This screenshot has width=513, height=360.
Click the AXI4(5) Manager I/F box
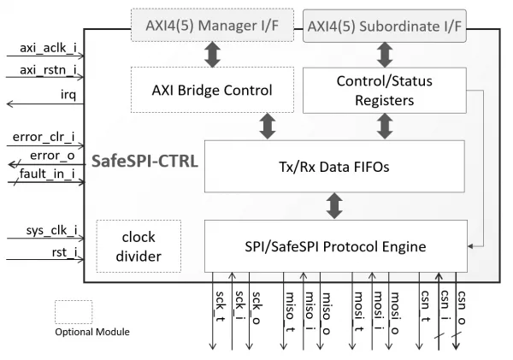tap(212, 25)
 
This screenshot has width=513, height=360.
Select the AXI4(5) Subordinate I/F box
tap(385, 26)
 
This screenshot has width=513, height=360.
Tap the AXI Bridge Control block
tap(212, 90)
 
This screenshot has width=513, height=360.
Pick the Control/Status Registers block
tap(385, 91)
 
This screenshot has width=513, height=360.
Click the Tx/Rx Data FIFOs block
tap(334, 166)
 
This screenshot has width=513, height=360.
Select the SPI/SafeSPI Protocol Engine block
tap(336, 246)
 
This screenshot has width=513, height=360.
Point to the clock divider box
tap(139, 246)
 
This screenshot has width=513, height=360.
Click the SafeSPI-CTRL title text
tap(144, 161)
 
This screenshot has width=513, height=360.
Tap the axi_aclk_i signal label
tap(48, 48)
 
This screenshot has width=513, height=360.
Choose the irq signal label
tap(68, 95)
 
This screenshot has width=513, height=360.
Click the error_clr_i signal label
tap(44, 137)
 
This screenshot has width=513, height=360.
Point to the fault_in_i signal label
tap(47, 174)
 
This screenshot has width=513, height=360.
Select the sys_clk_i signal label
tap(51, 230)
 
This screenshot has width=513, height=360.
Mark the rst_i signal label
tap(64, 252)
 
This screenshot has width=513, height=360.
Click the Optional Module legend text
tap(92, 332)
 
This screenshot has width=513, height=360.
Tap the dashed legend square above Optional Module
tap(74, 312)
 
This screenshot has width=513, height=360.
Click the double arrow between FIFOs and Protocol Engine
tap(334, 206)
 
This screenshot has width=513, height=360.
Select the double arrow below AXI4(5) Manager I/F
tap(213, 55)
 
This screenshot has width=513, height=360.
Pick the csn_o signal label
tap(462, 308)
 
